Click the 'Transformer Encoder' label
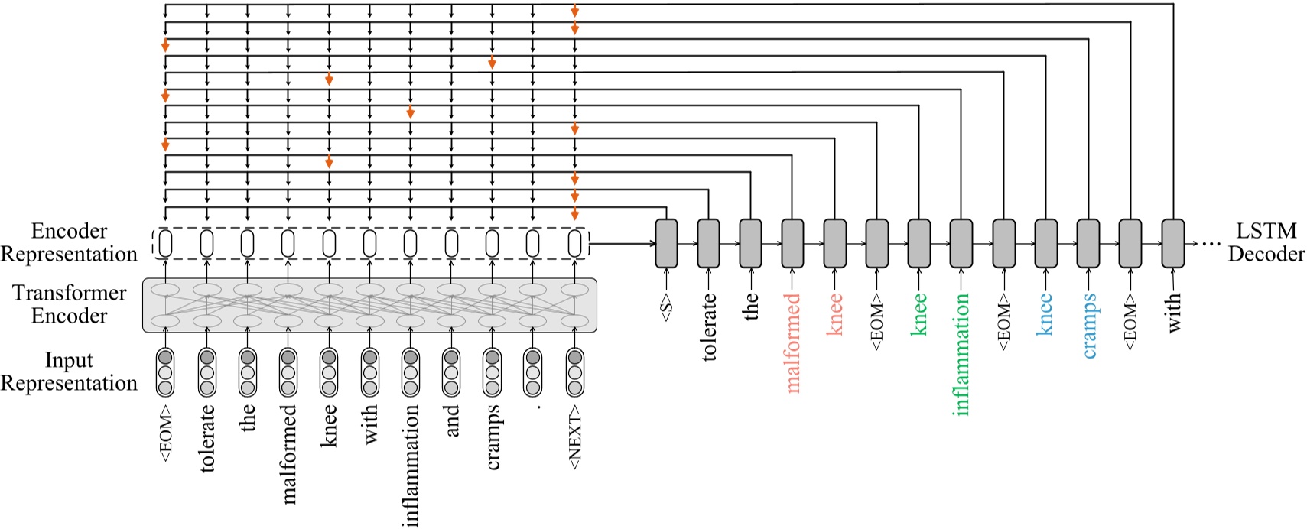click(70, 304)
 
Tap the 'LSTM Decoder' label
click(1266, 242)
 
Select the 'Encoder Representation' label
click(69, 242)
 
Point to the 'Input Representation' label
click(69, 372)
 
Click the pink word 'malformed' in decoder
click(793, 343)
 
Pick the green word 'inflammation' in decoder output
click(962, 354)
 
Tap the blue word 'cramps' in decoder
click(1089, 326)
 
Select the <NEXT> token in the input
click(575, 437)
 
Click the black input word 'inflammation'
click(411, 466)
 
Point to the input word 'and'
click(451, 420)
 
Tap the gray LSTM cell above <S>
click(666, 244)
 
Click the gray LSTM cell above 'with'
click(1172, 244)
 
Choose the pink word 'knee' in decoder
click(835, 314)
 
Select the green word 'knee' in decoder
click(919, 314)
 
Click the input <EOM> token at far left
click(165, 434)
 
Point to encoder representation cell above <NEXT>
click(574, 244)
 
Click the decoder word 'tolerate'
click(709, 327)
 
